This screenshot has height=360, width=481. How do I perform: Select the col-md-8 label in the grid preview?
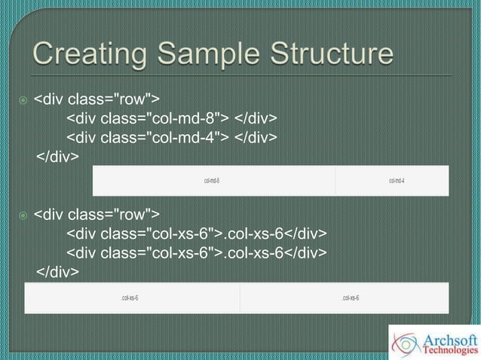(212, 181)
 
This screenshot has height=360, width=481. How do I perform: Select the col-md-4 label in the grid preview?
(397, 181)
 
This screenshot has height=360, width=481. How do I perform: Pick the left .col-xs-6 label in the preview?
(130, 298)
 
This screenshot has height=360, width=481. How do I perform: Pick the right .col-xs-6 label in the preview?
(350, 298)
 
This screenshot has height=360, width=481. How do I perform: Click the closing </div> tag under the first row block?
(57, 156)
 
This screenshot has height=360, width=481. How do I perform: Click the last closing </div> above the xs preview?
(57, 271)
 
